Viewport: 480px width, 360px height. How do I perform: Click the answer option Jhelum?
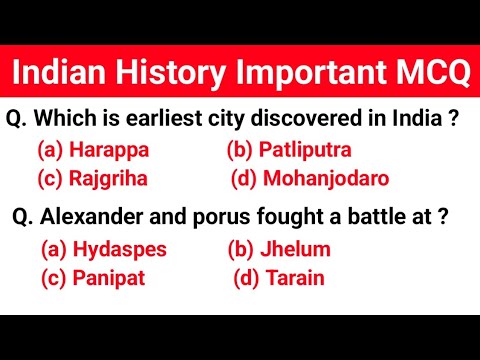coord(293,249)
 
